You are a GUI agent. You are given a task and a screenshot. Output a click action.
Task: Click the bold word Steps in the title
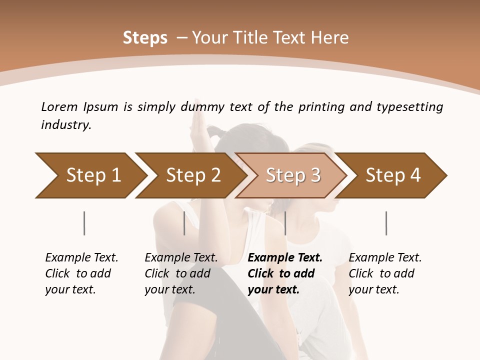click(145, 38)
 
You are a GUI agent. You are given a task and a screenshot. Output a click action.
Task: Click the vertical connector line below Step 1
click(84, 223)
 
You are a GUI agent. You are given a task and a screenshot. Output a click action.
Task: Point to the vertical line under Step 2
click(184, 223)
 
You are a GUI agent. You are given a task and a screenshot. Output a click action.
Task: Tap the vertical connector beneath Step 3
click(285, 223)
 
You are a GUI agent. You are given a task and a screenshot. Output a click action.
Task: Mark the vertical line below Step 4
click(386, 223)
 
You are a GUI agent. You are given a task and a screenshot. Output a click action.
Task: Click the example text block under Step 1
click(81, 273)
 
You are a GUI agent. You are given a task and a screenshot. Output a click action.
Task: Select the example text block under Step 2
click(180, 273)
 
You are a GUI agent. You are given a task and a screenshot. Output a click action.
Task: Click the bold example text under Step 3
click(284, 273)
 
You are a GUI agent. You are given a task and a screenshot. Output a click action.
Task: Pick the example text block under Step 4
click(384, 273)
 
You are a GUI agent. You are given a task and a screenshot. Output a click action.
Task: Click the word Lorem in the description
click(60, 107)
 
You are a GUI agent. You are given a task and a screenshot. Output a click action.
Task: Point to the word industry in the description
click(66, 125)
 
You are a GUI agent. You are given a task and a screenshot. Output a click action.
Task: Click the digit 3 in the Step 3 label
click(315, 175)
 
